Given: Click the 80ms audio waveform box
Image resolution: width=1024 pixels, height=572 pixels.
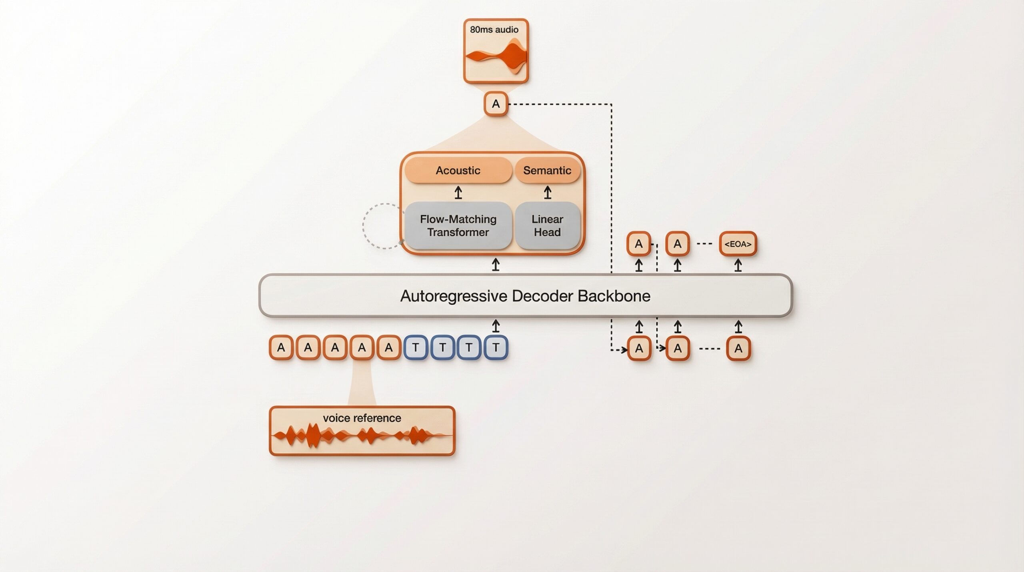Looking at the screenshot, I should coord(496,51).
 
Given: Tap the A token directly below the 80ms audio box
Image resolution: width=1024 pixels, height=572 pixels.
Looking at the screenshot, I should coord(496,104).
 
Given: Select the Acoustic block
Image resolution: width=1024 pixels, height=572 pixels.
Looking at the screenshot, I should coord(458,171).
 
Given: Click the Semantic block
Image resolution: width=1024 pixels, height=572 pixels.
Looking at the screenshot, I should coord(547,171).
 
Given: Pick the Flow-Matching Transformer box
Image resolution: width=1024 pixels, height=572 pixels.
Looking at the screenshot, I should coord(458,226).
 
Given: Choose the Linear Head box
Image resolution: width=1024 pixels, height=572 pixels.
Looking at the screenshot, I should coord(547,226).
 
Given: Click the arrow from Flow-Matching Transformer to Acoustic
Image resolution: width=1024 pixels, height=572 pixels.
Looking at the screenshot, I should coord(458,193).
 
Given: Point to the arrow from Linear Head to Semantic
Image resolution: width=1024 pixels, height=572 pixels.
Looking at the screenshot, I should coord(548,193).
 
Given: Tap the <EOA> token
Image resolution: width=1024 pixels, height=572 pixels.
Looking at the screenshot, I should coord(738,244).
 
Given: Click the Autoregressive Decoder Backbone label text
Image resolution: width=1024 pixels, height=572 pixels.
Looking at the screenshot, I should coord(525,296).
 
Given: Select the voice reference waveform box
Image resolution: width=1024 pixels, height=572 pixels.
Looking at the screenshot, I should coord(362,431).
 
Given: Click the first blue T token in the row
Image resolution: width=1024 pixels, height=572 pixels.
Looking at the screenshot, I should coord(416,347).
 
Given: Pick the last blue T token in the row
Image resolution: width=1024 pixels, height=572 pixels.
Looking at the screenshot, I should coord(496,347).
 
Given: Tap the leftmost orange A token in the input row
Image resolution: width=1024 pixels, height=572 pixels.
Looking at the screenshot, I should coord(281,347).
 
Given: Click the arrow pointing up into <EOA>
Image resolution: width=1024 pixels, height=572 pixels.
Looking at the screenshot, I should coord(738,265).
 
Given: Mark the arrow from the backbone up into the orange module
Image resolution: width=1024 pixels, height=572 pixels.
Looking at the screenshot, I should coord(496,265).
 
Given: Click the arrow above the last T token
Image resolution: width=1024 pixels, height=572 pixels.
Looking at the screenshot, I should coord(496,326).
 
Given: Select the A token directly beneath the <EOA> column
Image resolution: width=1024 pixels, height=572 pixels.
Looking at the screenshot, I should coord(738,348).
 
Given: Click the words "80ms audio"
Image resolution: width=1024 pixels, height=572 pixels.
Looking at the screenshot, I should coord(494,30).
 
